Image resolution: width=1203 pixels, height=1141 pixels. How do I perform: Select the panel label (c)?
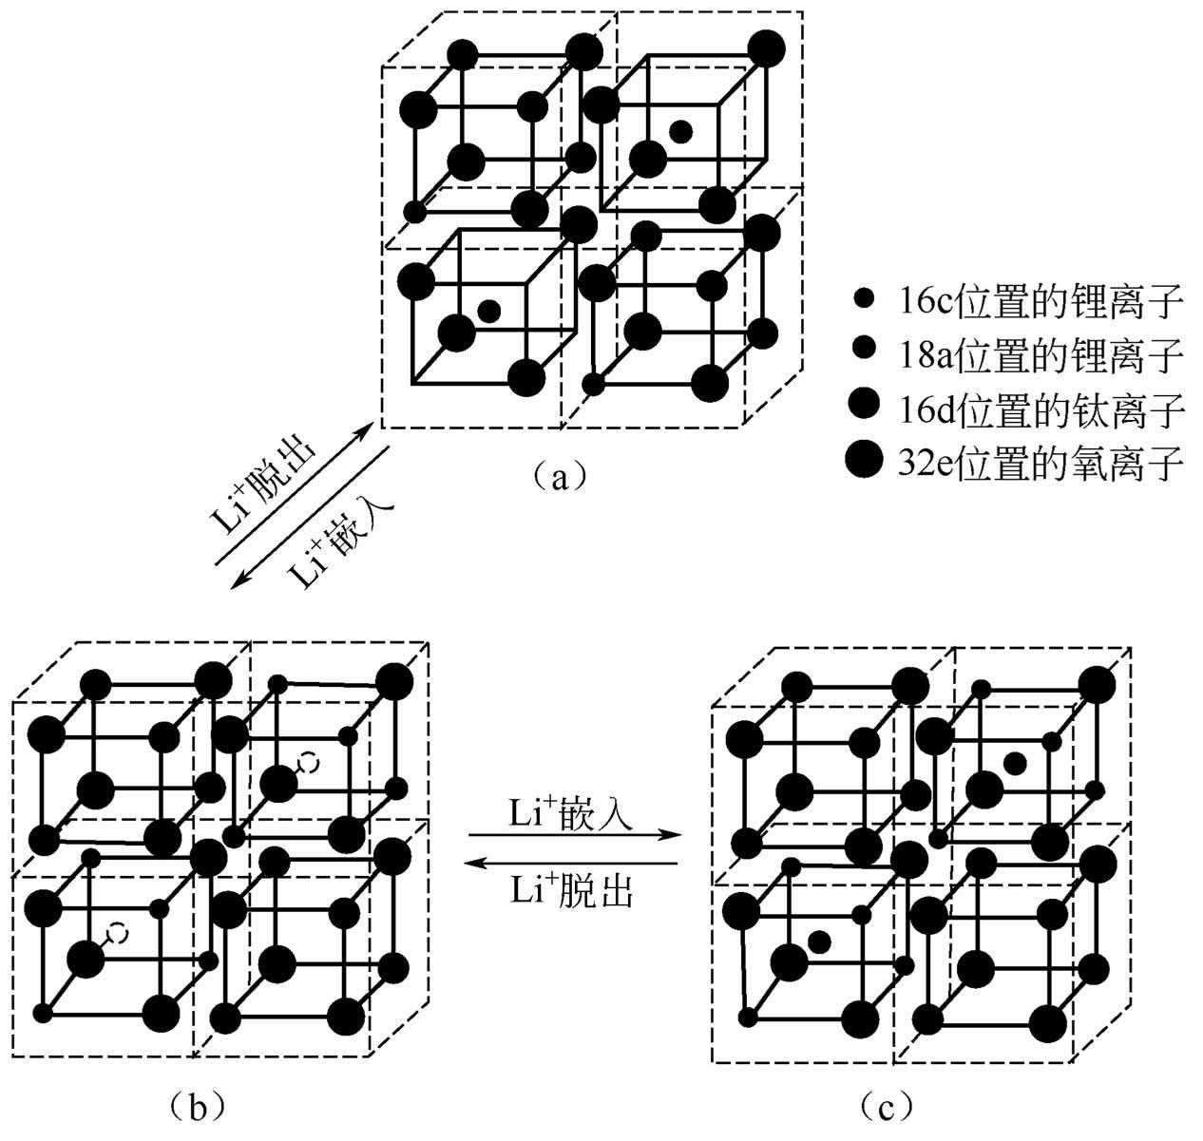click(887, 1105)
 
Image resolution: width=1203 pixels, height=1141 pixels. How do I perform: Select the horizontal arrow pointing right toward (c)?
click(575, 836)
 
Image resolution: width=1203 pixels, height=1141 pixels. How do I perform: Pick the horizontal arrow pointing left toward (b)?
click(575, 864)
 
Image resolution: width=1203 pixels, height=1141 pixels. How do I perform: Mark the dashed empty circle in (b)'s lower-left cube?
click(116, 933)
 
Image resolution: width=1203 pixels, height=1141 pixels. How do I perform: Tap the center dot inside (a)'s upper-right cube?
click(679, 131)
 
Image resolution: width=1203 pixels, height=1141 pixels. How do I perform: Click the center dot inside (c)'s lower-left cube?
click(818, 941)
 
